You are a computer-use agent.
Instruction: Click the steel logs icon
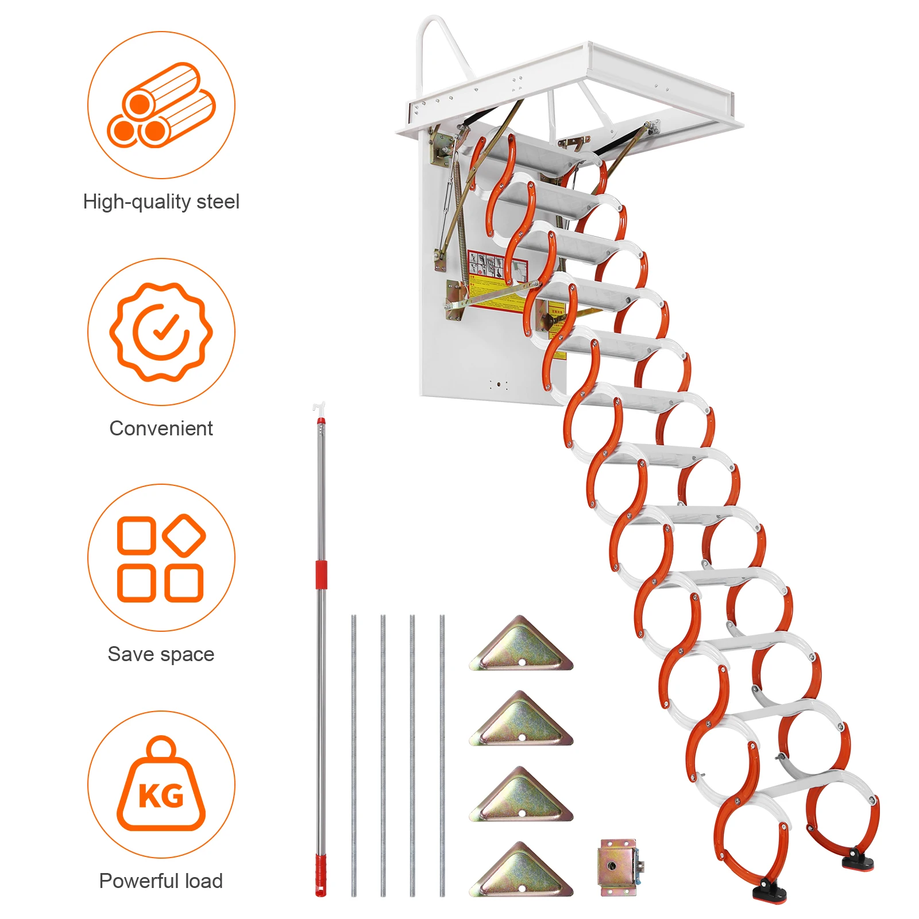point(161,106)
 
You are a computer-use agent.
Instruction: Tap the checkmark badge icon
point(161,331)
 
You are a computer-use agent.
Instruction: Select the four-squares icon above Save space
point(161,558)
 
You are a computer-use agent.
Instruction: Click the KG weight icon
point(161,785)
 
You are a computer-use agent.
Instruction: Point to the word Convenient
point(161,428)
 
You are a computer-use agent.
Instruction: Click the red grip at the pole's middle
point(321,574)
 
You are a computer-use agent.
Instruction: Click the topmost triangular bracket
point(522,646)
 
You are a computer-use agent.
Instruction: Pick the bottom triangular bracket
point(522,872)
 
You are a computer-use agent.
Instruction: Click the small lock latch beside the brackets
point(618,867)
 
